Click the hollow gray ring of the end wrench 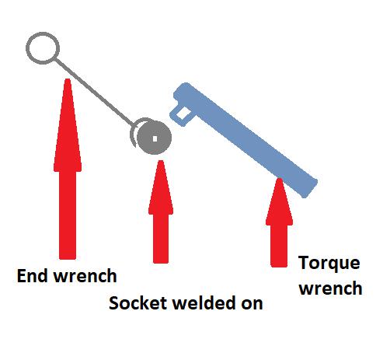coord(28,48)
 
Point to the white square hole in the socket coord(155,139)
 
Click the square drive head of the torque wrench coord(181,115)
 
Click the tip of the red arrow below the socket coord(161,161)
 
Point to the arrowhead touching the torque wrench coord(279,201)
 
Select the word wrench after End coord(85,276)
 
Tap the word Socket coord(138,303)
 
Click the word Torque coord(329,264)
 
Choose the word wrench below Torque coord(331,288)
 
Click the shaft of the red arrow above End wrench coord(68,215)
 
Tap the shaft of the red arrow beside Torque coord(279,246)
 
